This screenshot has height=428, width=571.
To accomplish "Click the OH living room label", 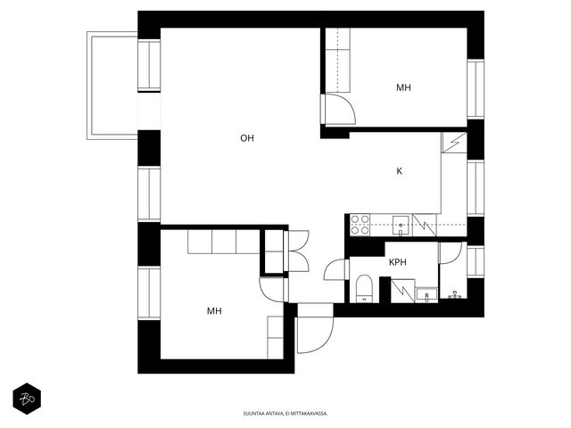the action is tap(247, 138).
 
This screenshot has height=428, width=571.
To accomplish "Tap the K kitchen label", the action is tap(399, 171).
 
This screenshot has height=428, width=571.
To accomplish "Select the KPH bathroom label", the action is tap(398, 262).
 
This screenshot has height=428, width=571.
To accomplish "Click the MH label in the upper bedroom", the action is tap(403, 87).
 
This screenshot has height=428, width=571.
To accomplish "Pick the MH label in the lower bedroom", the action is tap(214, 311).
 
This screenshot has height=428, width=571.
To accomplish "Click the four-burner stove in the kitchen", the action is tap(360, 225).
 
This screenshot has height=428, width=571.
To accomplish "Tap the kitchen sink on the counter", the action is tap(401, 226).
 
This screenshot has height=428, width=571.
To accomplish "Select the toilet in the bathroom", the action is tap(363, 288).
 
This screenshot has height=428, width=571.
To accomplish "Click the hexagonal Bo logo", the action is tap(27, 399).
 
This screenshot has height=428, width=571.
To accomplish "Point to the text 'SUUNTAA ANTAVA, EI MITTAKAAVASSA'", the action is tap(285, 414).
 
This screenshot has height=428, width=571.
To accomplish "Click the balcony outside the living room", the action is tap(112, 86).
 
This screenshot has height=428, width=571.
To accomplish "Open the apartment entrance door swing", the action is tap(315, 335).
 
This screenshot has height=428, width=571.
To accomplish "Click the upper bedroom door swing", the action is tap(339, 109).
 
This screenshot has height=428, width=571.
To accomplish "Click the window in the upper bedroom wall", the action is tap(476, 88).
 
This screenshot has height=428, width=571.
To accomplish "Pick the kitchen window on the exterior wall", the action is tap(476, 188).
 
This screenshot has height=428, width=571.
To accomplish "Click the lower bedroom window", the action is tap(149, 292).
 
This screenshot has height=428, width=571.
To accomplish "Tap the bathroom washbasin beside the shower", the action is tap(426, 295).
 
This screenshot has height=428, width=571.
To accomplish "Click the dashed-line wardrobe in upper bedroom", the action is tap(337, 60).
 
